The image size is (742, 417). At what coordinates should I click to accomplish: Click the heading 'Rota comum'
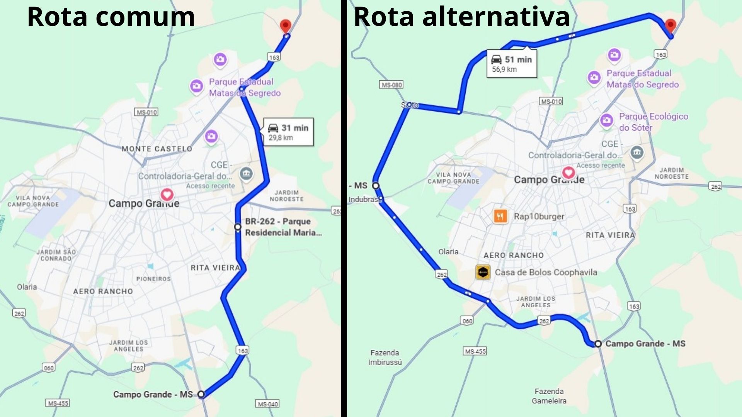111,17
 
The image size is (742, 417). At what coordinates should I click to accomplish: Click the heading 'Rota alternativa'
461,17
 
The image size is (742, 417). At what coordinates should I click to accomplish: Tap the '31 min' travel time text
294,128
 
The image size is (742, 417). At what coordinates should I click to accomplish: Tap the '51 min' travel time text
518,59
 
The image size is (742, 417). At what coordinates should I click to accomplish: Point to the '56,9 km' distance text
504,69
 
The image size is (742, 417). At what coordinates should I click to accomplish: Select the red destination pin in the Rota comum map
285,26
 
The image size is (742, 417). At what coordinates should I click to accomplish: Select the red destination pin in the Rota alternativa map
670,25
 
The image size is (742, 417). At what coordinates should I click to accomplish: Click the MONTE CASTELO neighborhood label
157,149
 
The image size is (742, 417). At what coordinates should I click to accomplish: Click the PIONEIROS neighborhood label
153,279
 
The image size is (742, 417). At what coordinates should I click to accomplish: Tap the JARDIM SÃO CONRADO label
56,255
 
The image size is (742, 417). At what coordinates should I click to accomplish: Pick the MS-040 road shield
267,404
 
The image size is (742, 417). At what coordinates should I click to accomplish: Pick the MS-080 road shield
391,85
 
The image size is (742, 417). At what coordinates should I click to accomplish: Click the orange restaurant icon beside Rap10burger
500,216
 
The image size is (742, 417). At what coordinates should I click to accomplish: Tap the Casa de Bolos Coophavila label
546,272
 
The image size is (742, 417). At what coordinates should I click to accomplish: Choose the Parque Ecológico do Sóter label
653,122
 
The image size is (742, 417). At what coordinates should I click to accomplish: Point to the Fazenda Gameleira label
549,396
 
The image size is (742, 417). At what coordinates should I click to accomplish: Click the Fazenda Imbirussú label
385,357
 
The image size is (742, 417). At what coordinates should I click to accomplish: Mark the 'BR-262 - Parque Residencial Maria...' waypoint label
283,227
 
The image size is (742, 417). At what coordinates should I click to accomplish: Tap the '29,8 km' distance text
281,138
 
